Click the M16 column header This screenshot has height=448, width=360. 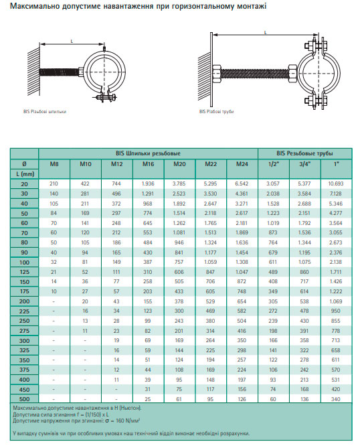pyautogui.click(x=148, y=164)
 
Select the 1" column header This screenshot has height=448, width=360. pyautogui.click(x=337, y=164)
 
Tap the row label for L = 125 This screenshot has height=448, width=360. pyautogui.click(x=24, y=272)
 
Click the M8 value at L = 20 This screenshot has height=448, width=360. pyautogui.click(x=54, y=183)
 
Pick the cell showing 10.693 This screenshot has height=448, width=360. pyautogui.click(x=336, y=183)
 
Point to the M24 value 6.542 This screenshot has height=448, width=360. pyautogui.click(x=242, y=183)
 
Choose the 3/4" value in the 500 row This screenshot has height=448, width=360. pyautogui.click(x=304, y=399)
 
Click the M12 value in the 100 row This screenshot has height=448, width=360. pyautogui.click(x=116, y=262)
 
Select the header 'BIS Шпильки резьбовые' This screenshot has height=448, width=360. pyautogui.click(x=148, y=153)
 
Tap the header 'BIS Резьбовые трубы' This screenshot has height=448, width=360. pyautogui.click(x=304, y=153)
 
